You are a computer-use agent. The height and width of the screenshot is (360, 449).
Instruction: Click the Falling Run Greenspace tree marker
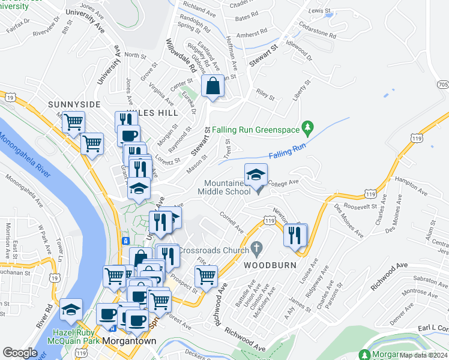[308, 128]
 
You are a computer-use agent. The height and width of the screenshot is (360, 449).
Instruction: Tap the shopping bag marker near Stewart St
[212, 86]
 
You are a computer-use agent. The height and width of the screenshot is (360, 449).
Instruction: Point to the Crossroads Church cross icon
[257, 247]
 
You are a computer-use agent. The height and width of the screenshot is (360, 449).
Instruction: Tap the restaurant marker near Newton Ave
[295, 235]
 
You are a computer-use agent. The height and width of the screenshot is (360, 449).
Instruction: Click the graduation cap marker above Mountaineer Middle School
[256, 175]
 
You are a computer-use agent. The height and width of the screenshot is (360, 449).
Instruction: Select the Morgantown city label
[129, 340]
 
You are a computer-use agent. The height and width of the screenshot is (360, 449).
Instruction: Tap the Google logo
[20, 353]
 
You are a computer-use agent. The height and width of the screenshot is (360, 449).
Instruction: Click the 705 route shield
[443, 85]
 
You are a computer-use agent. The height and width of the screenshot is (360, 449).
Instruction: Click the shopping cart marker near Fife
[206, 277]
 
